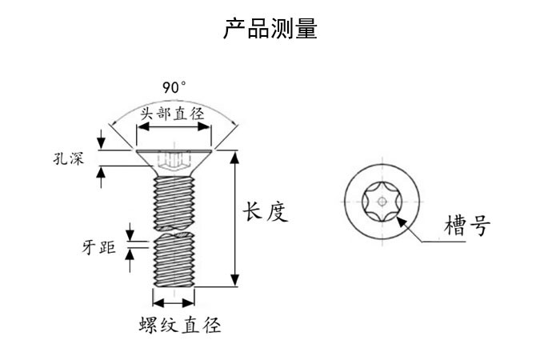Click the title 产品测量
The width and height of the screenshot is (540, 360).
[270, 28]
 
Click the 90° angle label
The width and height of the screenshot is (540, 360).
[174, 87]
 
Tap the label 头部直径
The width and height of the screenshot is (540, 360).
[172, 114]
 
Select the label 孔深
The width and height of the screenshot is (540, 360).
[69, 159]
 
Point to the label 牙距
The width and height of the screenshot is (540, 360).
[99, 247]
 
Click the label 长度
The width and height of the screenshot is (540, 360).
[265, 211]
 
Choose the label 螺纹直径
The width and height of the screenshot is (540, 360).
[180, 324]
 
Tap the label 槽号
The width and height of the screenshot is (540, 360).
[467, 226]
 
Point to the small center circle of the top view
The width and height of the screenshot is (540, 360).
[382, 202]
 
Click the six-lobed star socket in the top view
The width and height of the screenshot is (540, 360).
[382, 202]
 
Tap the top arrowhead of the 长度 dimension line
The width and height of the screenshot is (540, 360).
[235, 157]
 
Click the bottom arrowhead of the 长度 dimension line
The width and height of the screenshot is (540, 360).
[235, 280]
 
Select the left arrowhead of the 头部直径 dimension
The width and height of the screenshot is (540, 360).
[142, 126]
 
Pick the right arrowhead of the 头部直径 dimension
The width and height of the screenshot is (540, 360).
[204, 126]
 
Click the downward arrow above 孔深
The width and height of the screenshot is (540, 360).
[101, 139]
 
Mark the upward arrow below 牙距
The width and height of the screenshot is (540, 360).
[130, 261]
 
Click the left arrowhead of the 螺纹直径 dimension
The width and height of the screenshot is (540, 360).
[158, 303]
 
